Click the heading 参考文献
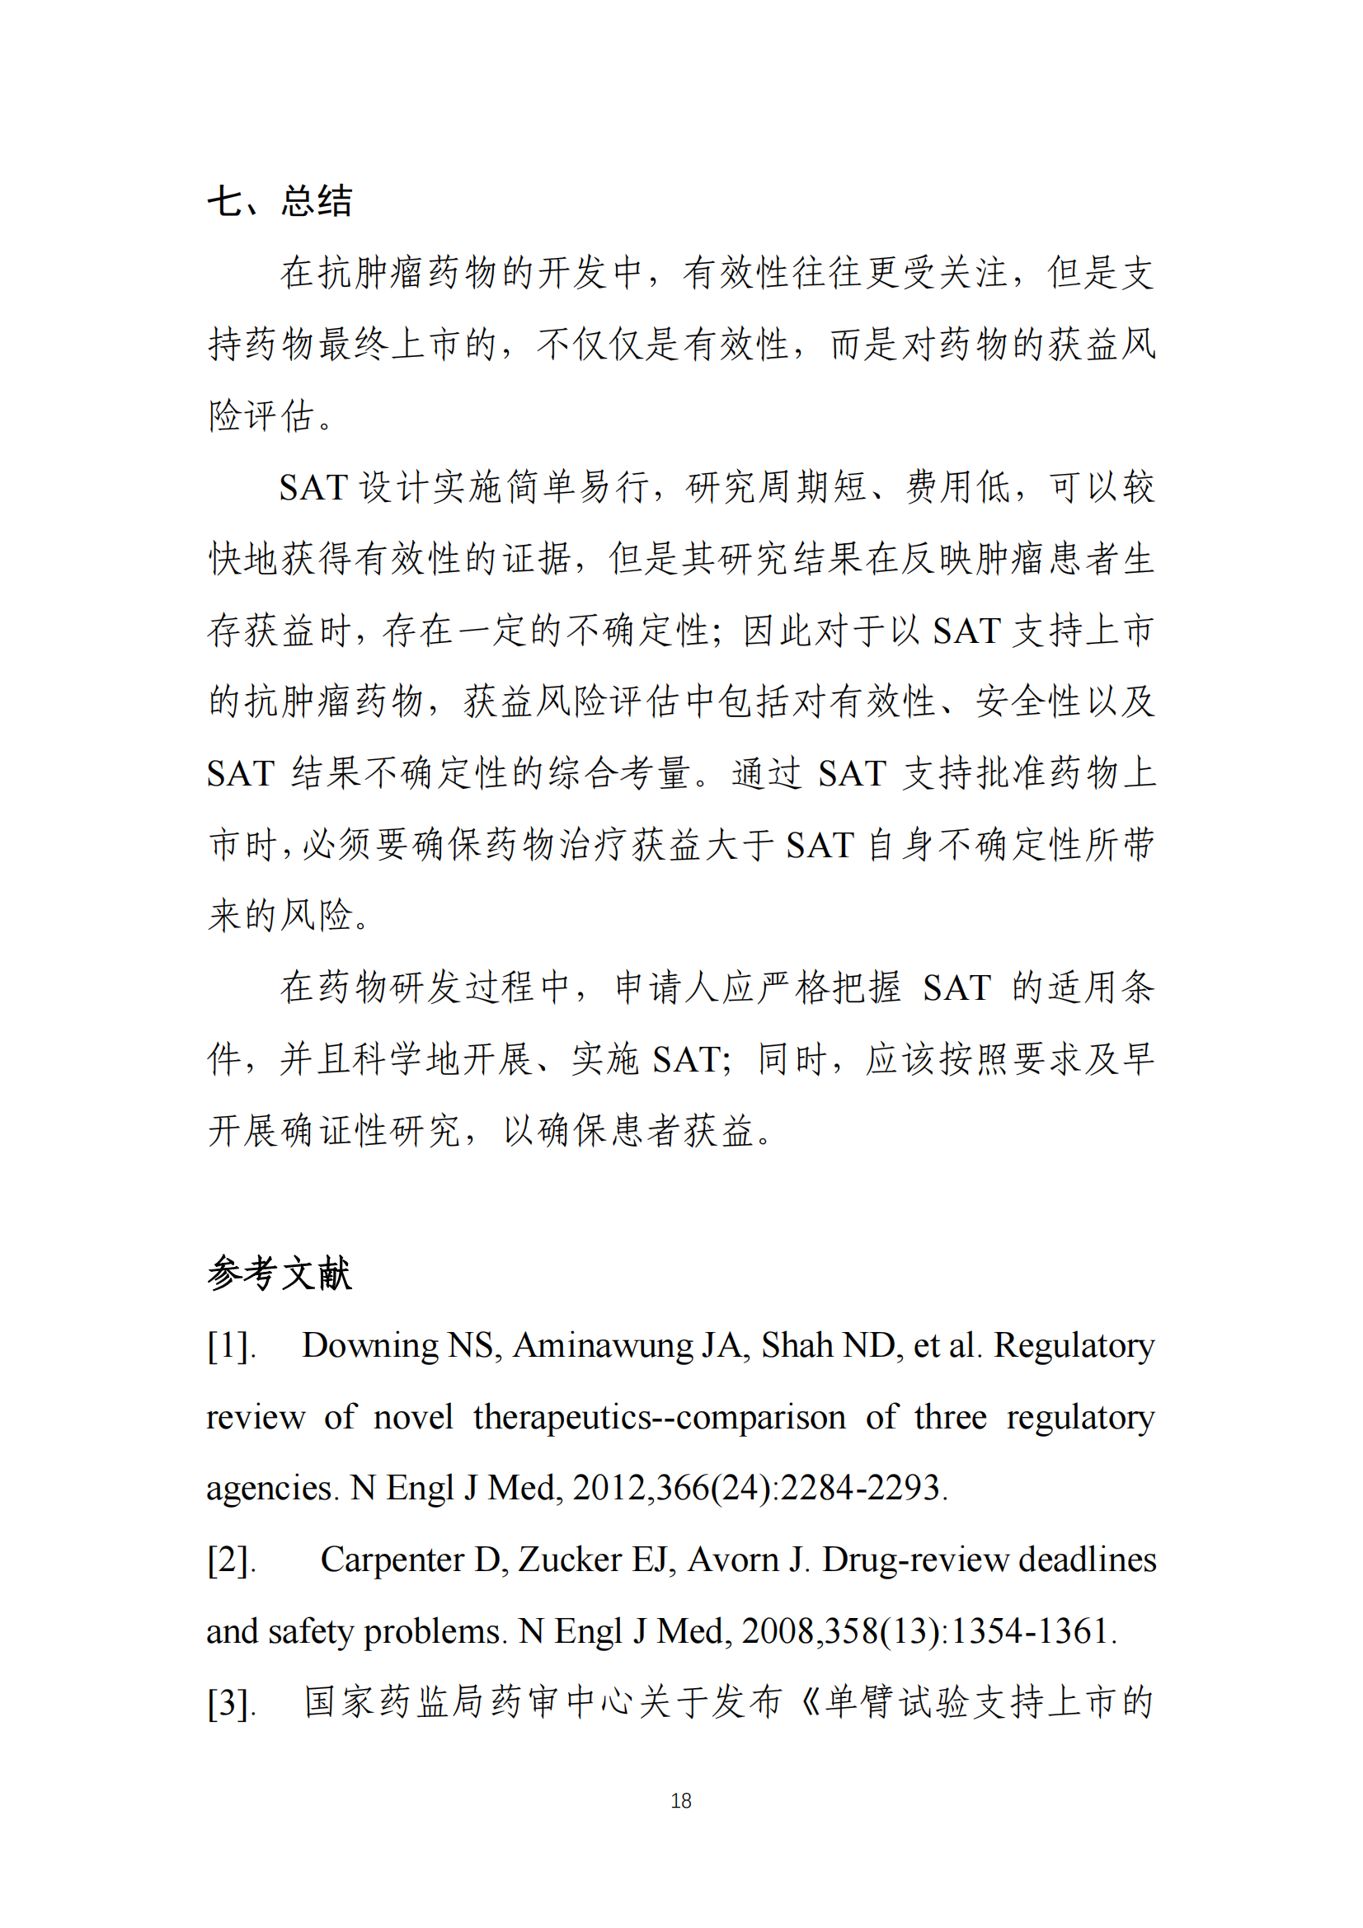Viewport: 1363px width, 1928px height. tap(280, 1273)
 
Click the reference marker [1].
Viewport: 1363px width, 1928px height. tap(230, 1347)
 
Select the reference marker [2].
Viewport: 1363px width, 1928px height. tap(230, 1560)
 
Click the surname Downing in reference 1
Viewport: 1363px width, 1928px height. tap(369, 1346)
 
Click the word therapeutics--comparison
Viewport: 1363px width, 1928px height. tap(660, 1418)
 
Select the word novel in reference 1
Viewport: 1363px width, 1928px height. tap(412, 1418)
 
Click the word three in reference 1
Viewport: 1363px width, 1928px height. tap(951, 1418)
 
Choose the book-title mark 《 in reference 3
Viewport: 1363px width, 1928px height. tap(809, 1703)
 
